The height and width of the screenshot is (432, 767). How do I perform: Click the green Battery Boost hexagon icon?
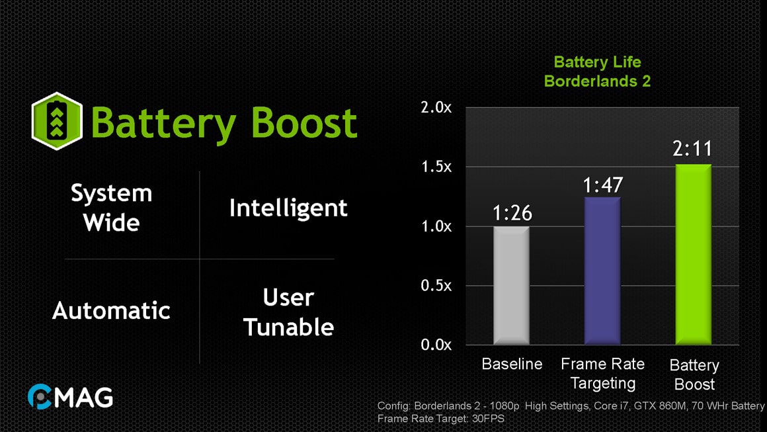tap(57, 121)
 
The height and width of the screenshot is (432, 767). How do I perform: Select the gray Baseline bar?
tap(511, 285)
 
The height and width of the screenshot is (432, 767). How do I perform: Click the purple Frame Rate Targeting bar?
tap(602, 271)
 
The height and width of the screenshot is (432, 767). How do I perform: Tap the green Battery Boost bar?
tap(693, 254)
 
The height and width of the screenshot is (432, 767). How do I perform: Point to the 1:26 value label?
tap(512, 213)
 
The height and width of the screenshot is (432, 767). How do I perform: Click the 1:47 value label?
tap(602, 185)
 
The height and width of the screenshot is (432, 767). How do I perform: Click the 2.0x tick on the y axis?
tap(436, 108)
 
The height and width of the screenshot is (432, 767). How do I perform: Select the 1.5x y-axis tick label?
tap(436, 167)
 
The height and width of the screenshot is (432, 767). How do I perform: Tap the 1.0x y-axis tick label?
tap(436, 226)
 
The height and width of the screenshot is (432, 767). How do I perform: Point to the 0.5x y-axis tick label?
tap(436, 286)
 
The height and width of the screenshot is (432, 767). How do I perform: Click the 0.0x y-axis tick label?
tap(436, 345)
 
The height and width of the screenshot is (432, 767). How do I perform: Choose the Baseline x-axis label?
tap(512, 364)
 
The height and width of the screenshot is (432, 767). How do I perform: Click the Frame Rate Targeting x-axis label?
tap(602, 373)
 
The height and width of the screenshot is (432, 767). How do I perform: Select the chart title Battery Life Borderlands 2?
tap(597, 71)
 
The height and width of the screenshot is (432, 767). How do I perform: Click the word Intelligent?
tap(288, 208)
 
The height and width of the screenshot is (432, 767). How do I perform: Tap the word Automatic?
tap(111, 310)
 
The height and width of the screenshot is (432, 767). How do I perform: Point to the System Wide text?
tap(111, 208)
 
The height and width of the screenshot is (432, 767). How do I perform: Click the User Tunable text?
tap(288, 312)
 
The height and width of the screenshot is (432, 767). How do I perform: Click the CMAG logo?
tap(70, 396)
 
